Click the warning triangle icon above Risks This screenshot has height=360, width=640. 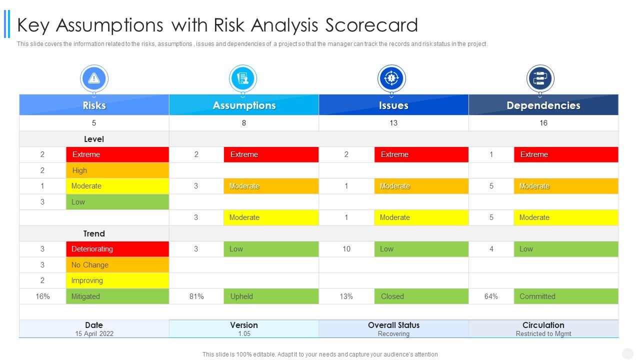(x=94, y=78)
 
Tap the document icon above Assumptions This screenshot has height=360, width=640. (x=243, y=78)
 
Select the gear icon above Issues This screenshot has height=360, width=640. (x=391, y=78)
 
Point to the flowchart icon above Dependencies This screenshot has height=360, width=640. (x=540, y=78)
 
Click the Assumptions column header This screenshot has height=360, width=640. (x=244, y=105)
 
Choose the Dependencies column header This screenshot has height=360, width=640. (x=543, y=105)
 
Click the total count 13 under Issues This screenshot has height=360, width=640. (x=393, y=123)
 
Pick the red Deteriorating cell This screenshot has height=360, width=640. (x=117, y=249)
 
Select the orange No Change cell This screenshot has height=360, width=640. (x=117, y=265)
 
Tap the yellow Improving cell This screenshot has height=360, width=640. (x=117, y=280)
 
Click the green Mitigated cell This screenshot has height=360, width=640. (x=117, y=296)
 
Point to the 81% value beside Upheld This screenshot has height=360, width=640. (x=196, y=296)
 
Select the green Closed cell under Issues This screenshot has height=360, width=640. (x=421, y=296)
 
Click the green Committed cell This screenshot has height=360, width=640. (x=565, y=296)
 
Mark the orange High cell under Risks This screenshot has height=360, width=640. (x=117, y=170)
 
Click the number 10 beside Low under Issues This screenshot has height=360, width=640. (x=346, y=249)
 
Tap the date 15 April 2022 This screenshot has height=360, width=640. (x=94, y=333)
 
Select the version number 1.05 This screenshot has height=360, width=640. (x=244, y=333)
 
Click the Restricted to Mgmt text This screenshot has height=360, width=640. (x=543, y=333)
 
